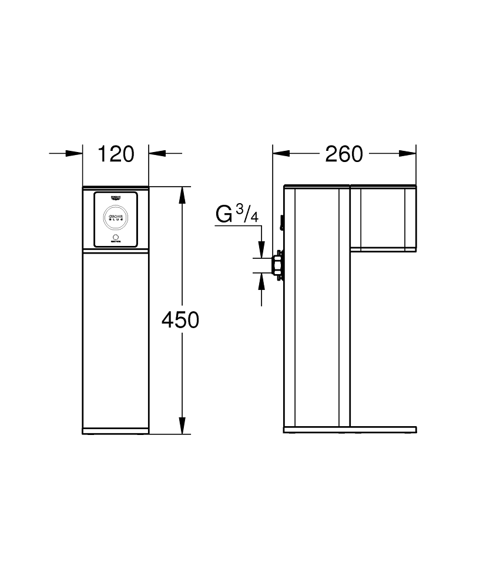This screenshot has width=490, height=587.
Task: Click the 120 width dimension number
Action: (116, 154)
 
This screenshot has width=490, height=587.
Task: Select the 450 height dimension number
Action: (180, 320)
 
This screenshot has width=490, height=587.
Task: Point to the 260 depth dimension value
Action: (344, 154)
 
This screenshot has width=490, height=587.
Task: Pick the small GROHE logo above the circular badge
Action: (116, 198)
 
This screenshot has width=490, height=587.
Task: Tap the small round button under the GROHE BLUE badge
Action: (116, 237)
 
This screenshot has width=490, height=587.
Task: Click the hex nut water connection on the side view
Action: (276, 264)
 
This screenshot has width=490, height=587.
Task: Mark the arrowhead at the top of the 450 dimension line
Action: (182, 194)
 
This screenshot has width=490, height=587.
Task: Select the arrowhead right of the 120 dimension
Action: (156, 154)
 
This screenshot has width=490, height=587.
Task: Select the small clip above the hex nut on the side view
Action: (282, 223)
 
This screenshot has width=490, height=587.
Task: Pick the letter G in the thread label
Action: (224, 214)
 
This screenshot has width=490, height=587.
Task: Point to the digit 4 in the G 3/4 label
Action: (254, 218)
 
